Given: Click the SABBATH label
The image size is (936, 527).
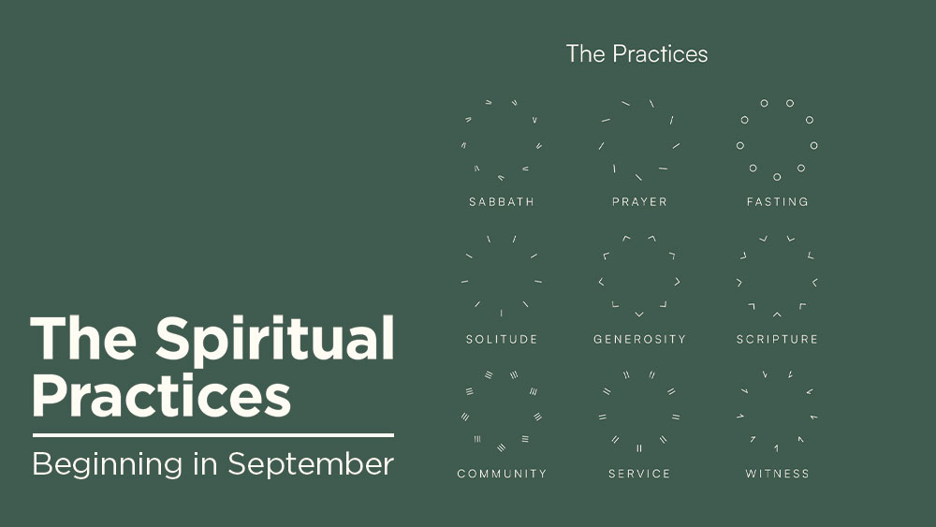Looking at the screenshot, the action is [502, 202].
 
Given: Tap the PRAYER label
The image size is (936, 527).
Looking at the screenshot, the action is [639, 202].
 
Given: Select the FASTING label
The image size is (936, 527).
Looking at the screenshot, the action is [777, 202].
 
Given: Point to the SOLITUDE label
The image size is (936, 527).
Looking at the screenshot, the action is [502, 339].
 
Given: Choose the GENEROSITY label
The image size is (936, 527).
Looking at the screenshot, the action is [639, 339].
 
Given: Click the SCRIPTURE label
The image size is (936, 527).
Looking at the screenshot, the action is [777, 339].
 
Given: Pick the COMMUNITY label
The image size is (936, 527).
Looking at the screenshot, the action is [502, 474].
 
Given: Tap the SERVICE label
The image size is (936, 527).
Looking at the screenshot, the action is [639, 474].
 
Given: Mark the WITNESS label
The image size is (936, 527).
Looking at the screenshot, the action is [777, 474].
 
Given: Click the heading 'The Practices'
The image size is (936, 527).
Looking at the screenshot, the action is [636, 53].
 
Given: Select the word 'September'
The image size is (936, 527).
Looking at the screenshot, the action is [311, 465].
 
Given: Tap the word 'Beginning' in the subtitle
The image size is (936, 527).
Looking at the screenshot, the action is [108, 465].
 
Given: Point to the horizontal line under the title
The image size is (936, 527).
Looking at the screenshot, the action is [213, 435].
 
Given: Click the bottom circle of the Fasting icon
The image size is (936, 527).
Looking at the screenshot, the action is [777, 177].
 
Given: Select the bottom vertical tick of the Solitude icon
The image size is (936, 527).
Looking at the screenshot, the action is [502, 313].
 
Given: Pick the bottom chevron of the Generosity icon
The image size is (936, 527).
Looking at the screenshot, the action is [639, 314].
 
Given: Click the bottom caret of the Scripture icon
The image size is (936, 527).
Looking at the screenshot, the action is [777, 314].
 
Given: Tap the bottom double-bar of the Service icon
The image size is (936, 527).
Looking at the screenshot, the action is [639, 447].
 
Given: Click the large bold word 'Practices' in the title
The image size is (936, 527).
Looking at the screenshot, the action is [161, 396].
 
